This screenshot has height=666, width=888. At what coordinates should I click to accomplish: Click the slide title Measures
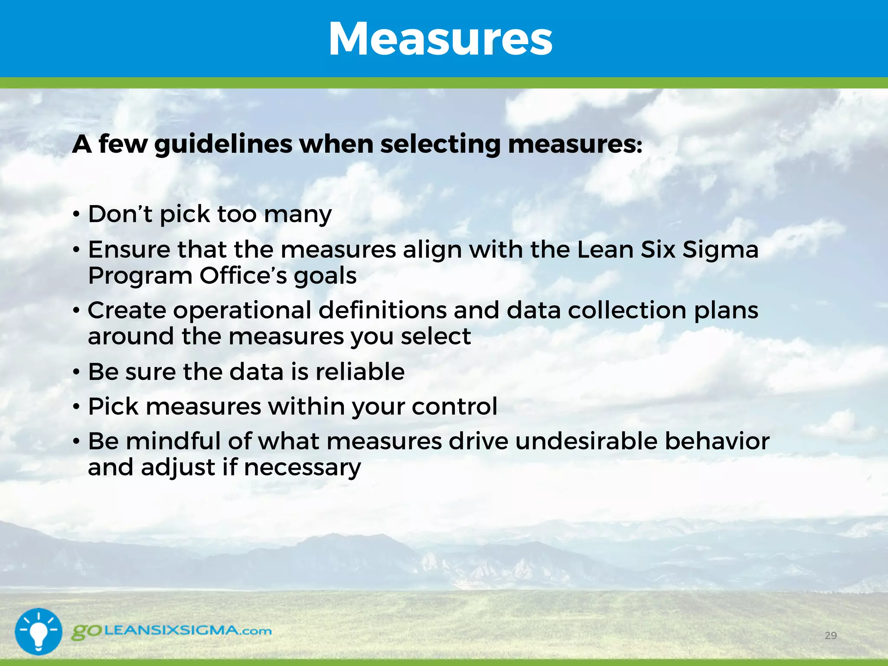[441, 39]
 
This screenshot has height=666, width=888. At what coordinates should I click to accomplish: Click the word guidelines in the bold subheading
[223, 144]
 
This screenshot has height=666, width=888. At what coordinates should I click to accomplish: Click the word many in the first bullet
[298, 215]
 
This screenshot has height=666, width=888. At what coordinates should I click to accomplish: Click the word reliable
[360, 372]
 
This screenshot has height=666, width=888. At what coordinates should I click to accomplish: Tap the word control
[454, 406]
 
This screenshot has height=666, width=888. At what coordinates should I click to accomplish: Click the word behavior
[717, 441]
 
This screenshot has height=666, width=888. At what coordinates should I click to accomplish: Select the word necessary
[302, 468]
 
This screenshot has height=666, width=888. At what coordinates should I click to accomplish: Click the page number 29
[830, 636]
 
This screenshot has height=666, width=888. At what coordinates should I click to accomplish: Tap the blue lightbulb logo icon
[39, 631]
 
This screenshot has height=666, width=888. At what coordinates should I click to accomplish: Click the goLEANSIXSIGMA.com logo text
[172, 631]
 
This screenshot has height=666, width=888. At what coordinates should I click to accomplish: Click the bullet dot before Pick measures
[76, 407]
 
